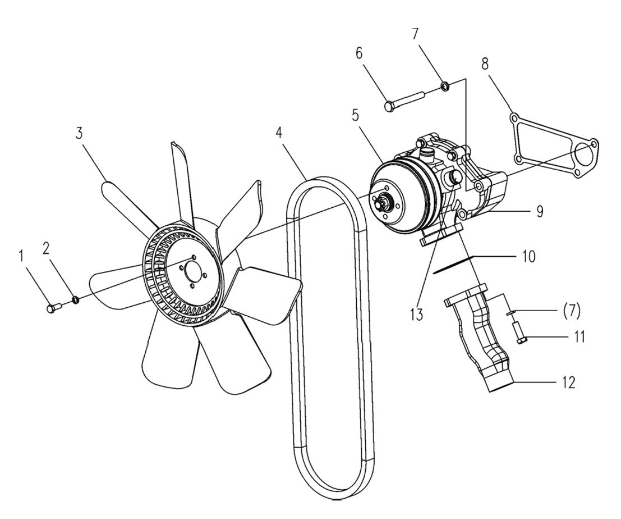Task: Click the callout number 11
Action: coord(578,337)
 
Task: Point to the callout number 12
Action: coord(569,383)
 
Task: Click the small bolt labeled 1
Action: coord(51,307)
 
